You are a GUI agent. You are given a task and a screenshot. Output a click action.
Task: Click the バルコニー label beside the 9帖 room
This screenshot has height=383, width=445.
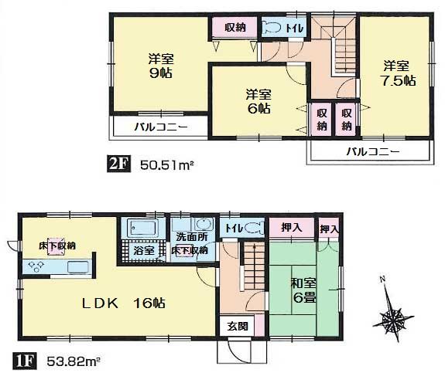point(161,127)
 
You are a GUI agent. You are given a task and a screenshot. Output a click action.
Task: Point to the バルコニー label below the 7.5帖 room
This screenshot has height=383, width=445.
point(372,151)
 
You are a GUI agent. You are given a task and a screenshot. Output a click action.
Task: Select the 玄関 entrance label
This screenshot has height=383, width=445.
point(238,327)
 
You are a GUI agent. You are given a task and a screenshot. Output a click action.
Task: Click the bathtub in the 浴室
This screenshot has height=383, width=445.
point(140,229)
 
